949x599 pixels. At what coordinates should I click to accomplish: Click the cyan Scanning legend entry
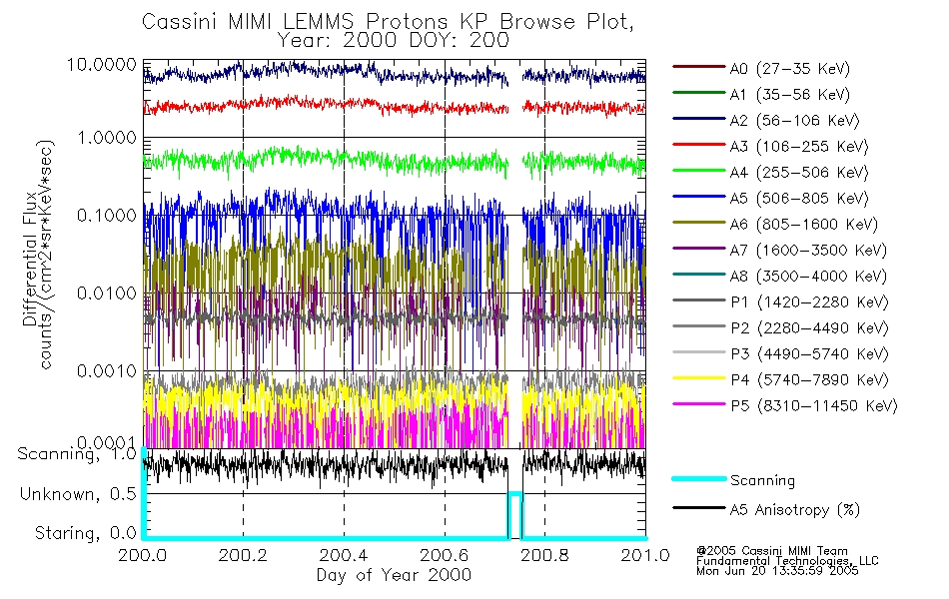763,480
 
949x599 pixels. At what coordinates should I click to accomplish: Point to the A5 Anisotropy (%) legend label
795,510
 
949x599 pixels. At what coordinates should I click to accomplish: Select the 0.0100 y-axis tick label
108,294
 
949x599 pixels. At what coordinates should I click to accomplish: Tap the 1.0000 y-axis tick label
108,138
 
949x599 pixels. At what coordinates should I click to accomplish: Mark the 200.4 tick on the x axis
344,556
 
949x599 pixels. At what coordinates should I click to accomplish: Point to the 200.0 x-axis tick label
144,556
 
